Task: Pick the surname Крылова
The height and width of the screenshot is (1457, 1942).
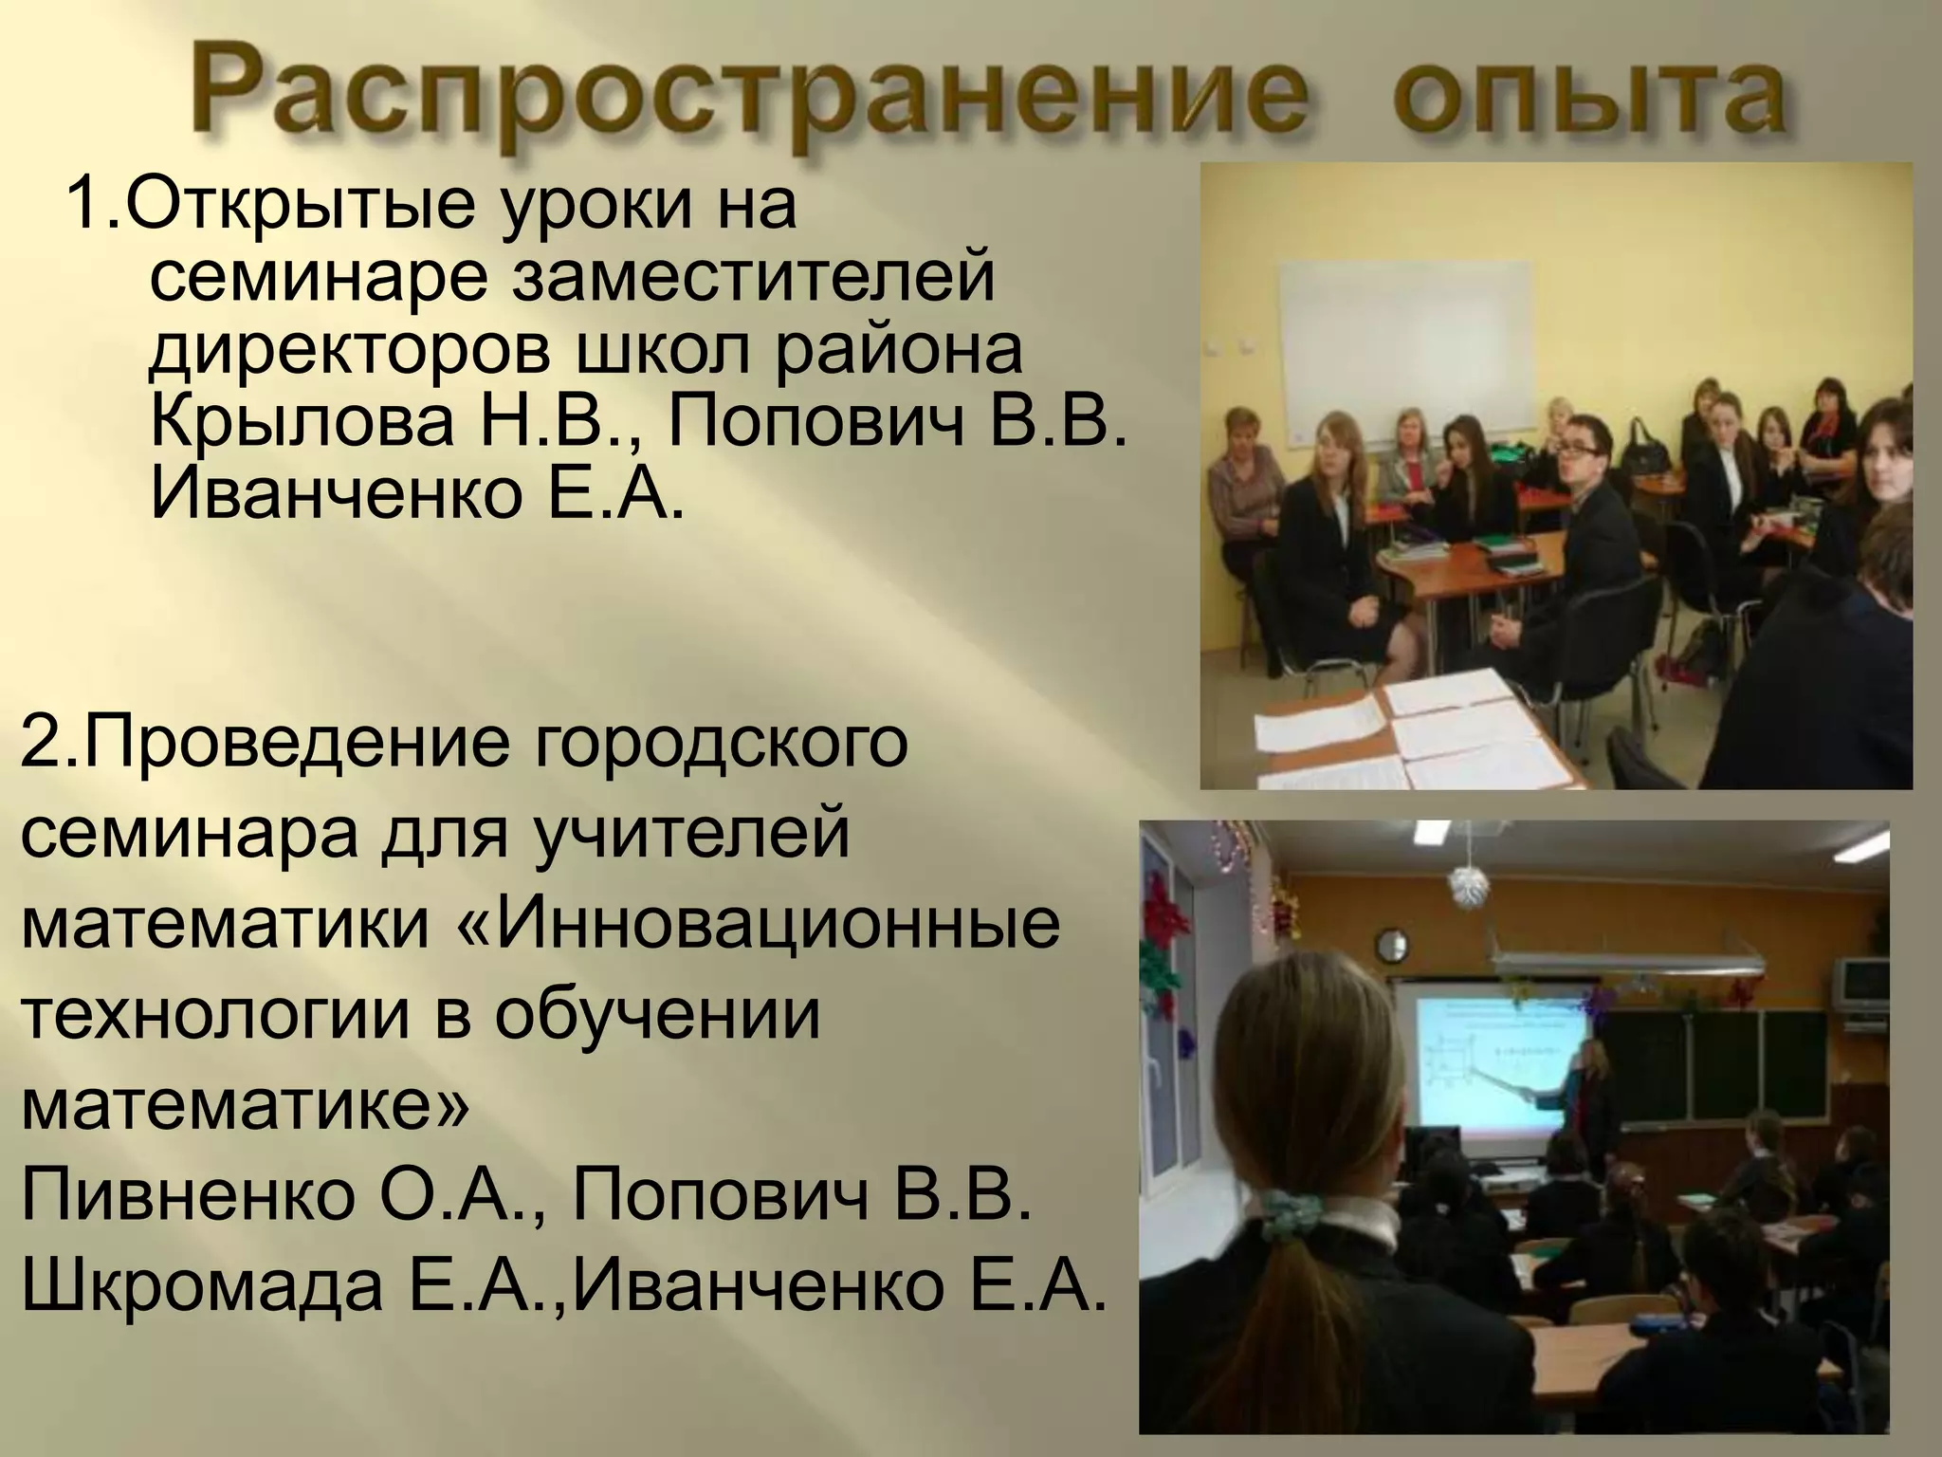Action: coord(303,421)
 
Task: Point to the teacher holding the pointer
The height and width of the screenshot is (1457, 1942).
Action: coord(1593,1091)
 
